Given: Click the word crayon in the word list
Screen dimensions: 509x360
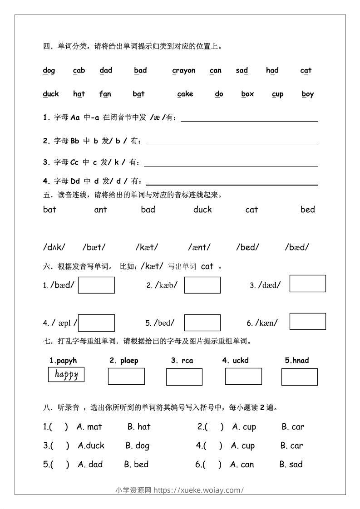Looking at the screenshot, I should (x=184, y=70).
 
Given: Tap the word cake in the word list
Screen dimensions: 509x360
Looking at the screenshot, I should (x=185, y=94).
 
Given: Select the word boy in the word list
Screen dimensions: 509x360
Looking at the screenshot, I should (x=308, y=94).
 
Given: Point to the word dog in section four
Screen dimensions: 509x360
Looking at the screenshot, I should (x=49, y=70).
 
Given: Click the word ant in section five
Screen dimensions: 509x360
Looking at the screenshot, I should (x=100, y=210).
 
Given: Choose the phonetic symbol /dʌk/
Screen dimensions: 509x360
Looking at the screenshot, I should (x=54, y=247).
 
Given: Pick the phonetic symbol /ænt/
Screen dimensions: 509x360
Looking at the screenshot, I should (x=199, y=247).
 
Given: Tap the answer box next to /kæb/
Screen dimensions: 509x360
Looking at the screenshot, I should (x=202, y=285).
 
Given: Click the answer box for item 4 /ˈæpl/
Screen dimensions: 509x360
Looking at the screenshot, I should (x=96, y=323).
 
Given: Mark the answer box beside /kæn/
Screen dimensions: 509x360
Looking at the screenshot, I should (x=307, y=321).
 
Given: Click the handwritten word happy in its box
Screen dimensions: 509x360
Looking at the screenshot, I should (x=66, y=374).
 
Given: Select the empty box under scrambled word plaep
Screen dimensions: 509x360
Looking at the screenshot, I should (x=126, y=376).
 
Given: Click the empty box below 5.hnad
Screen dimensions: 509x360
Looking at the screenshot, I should (x=299, y=377).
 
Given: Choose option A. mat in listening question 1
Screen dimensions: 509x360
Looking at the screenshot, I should (x=89, y=427).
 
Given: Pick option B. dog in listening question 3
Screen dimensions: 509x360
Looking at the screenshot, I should (x=138, y=446).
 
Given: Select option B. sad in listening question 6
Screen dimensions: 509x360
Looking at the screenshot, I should (x=291, y=465).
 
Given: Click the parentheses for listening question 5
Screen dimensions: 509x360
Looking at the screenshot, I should (x=56, y=465).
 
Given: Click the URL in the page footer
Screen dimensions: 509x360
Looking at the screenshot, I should (x=199, y=490).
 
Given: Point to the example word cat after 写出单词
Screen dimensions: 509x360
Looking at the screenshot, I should (x=207, y=266).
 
